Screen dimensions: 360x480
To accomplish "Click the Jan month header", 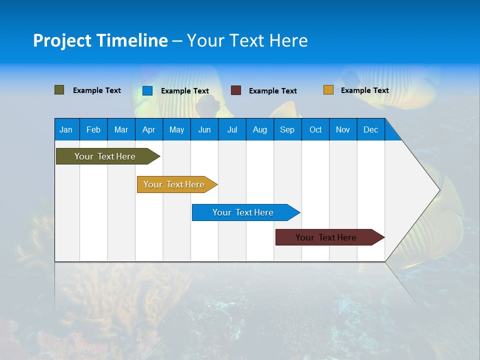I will click(x=66, y=129).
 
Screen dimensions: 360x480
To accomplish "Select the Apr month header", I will click(x=148, y=129).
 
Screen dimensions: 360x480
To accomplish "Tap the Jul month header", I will click(x=232, y=129).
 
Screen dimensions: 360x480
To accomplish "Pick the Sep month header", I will click(x=287, y=129).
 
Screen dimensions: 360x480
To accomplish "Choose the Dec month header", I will click(x=370, y=129).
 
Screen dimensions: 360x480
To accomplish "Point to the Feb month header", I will click(x=93, y=129).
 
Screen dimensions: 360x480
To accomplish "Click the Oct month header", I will click(x=315, y=129).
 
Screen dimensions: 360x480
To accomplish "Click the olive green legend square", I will click(x=59, y=90).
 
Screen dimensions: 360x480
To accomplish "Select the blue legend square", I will click(x=147, y=90).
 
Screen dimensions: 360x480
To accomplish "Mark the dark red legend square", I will click(x=236, y=90).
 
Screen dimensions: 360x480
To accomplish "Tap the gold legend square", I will click(x=328, y=90).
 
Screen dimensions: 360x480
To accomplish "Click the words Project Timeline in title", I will click(x=100, y=40).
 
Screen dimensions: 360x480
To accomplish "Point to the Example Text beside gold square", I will click(x=364, y=90).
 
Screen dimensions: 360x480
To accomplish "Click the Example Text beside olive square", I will click(x=97, y=90).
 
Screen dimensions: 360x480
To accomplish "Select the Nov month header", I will click(x=343, y=129).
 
